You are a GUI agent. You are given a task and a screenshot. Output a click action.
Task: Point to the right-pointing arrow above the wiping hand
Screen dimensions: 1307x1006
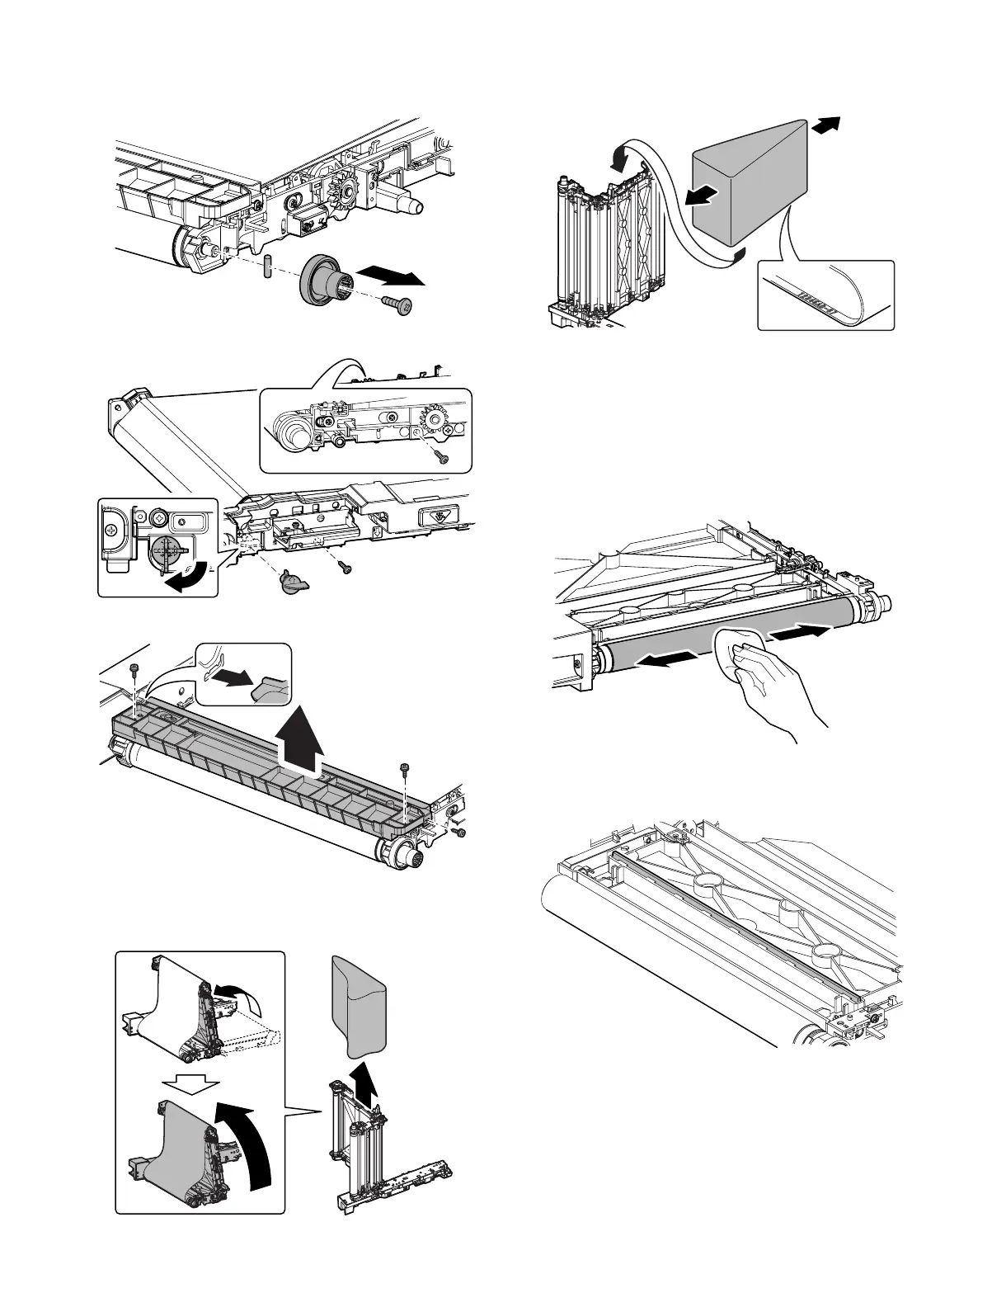(x=797, y=635)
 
